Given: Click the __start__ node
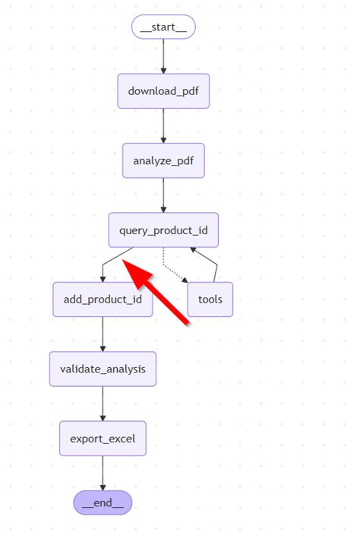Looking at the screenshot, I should click(x=163, y=27).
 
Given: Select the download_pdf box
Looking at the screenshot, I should click(x=163, y=92).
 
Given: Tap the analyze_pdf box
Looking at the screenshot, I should click(x=163, y=160).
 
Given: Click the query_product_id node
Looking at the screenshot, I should click(x=163, y=230).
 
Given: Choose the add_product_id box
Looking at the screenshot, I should click(x=103, y=299).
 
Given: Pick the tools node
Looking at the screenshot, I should click(x=210, y=299).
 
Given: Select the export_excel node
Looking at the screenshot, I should click(x=103, y=438).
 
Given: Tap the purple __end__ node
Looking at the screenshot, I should click(x=103, y=502).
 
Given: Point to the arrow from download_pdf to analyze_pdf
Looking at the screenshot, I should click(x=163, y=126).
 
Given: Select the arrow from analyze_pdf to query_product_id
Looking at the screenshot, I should click(x=163, y=195).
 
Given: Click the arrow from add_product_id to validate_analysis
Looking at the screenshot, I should click(x=103, y=334).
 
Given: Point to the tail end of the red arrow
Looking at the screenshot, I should click(x=187, y=322).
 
